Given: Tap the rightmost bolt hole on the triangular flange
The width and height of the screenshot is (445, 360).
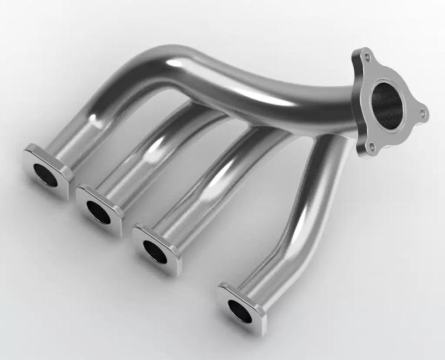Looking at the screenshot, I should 422,114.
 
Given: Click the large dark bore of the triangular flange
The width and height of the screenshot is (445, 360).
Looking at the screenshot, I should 387,102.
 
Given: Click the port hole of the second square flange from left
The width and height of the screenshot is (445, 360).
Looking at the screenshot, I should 98,212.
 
